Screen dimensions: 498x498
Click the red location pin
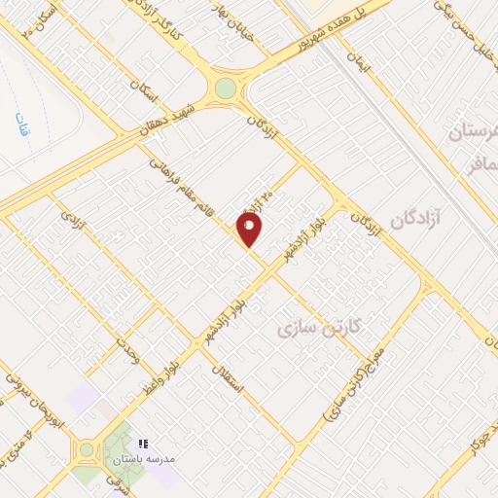click(251, 230)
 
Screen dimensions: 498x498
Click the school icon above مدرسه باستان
click(144, 442)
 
